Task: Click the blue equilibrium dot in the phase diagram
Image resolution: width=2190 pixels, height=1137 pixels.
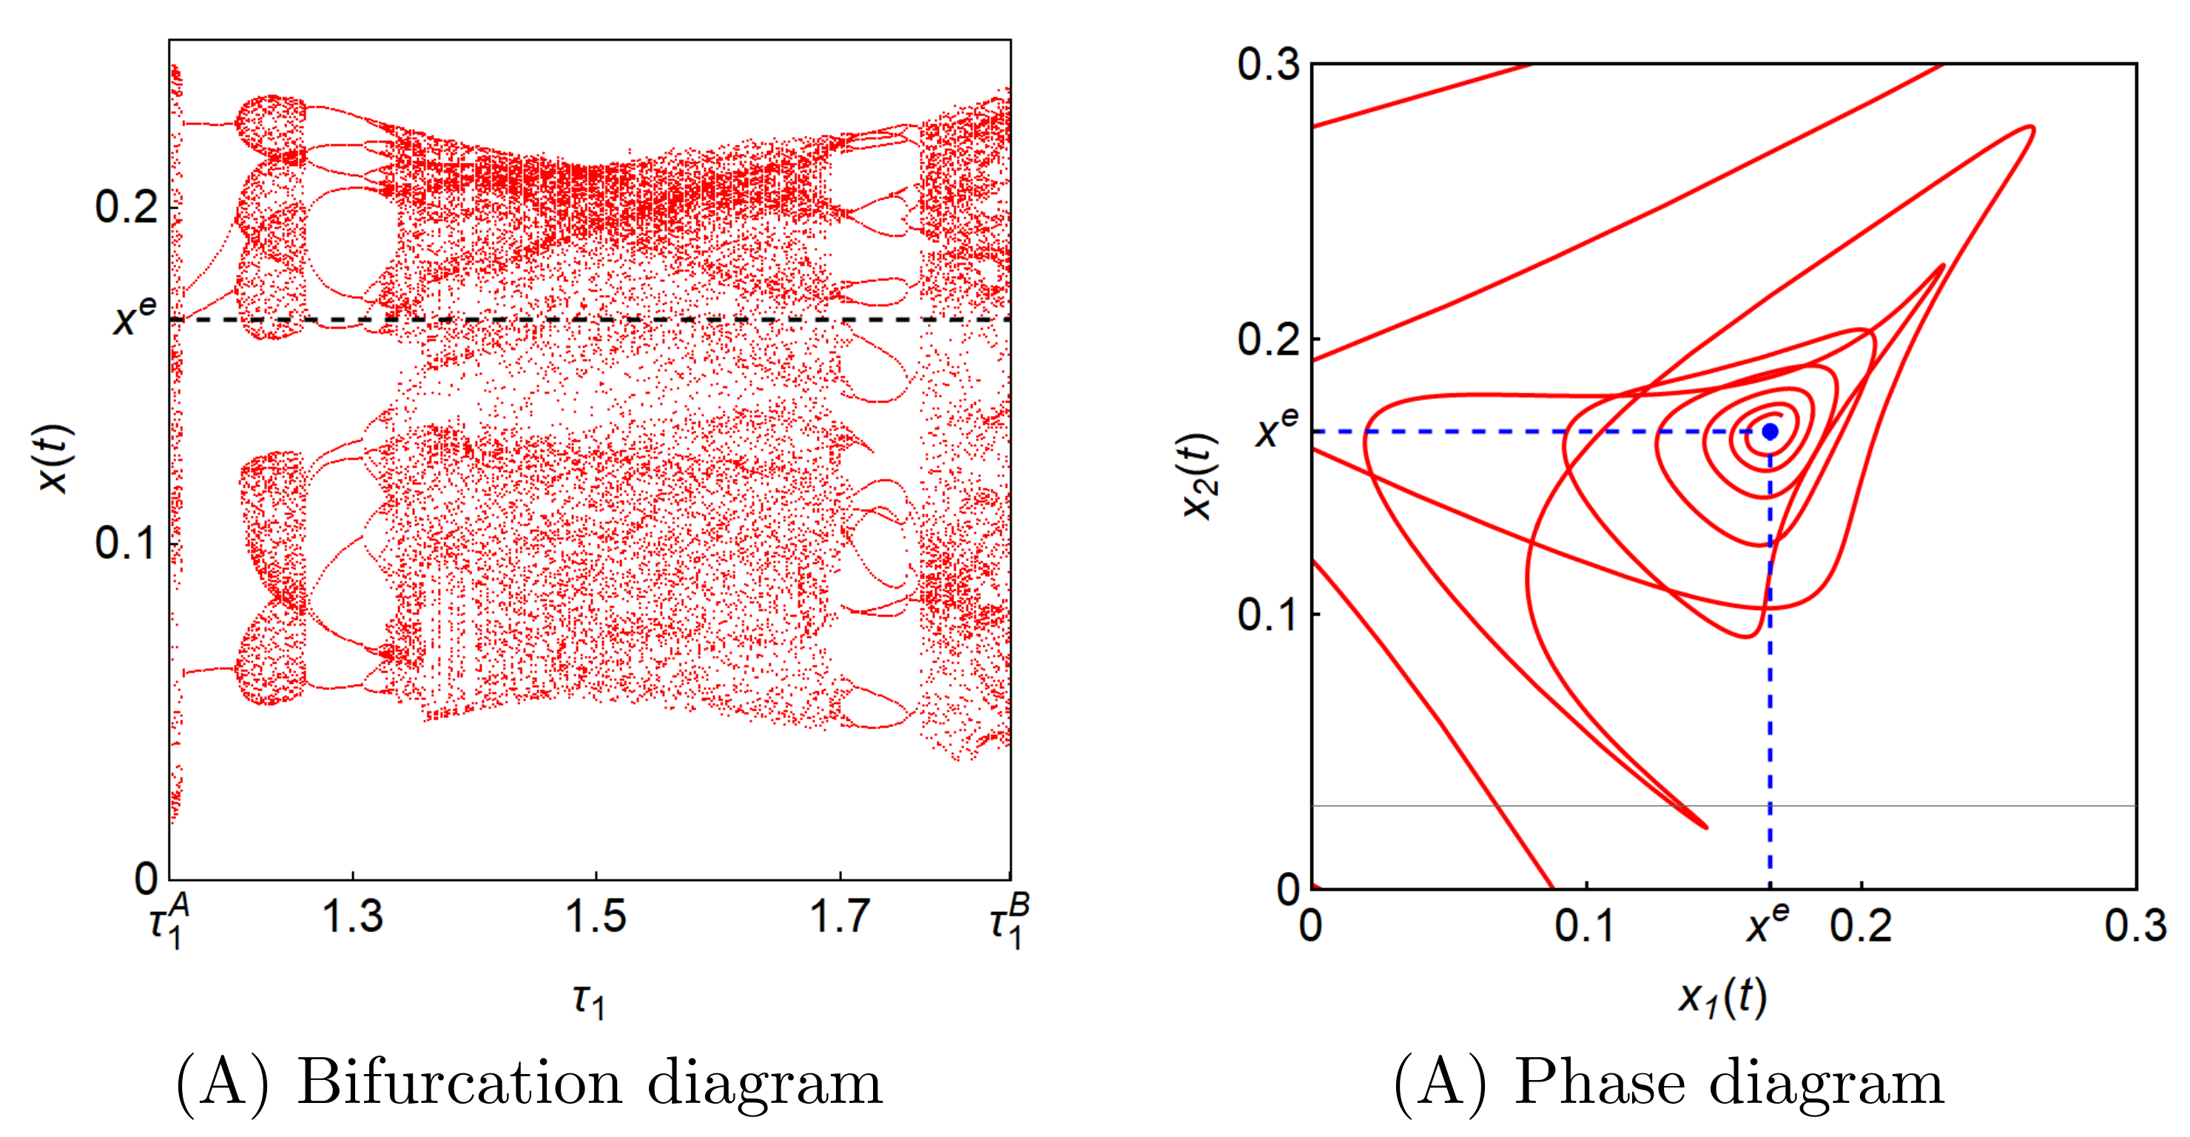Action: [1769, 432]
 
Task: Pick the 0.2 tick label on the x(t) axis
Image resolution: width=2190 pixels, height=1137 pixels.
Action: [127, 207]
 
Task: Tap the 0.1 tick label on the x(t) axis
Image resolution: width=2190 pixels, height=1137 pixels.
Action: [127, 543]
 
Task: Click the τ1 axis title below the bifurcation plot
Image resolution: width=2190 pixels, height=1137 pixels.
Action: [588, 1000]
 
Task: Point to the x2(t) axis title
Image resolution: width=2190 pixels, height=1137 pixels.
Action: [1199, 476]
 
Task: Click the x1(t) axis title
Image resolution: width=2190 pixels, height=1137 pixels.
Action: [1722, 996]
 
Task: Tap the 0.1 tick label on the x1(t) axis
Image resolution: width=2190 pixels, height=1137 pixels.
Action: [1586, 926]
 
